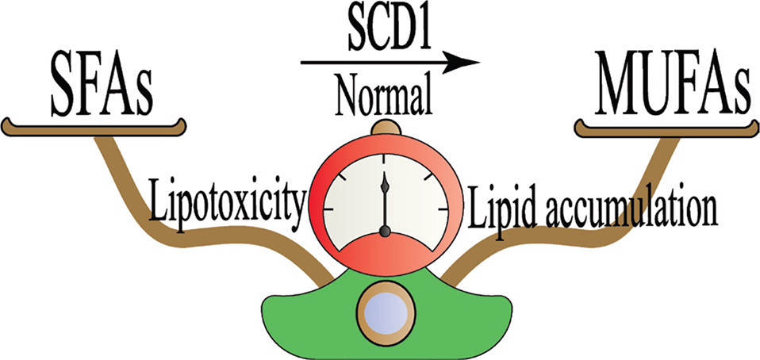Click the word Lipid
(x=497, y=208)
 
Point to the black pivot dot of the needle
(x=385, y=232)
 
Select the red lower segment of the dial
(x=385, y=252)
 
